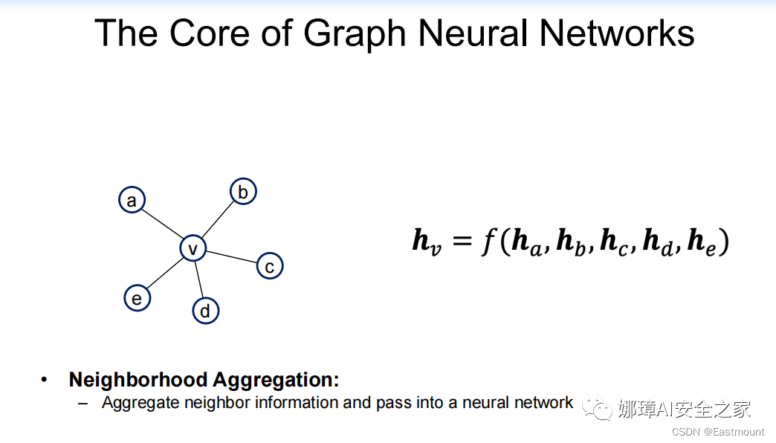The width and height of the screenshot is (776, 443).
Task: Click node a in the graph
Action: [x=132, y=200]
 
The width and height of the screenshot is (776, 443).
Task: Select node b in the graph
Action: [x=242, y=192]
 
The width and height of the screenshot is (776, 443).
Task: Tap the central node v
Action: [x=193, y=248]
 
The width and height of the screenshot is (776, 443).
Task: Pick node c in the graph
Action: [x=270, y=266]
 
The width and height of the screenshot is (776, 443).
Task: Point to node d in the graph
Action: [x=205, y=310]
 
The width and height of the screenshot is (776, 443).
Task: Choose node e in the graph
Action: [x=137, y=298]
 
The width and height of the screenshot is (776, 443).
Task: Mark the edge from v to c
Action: [x=231, y=257]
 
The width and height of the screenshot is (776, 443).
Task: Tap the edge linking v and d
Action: [x=199, y=279]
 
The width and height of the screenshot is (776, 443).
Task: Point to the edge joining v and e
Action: [x=165, y=274]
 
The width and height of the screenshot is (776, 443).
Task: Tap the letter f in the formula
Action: [x=488, y=243]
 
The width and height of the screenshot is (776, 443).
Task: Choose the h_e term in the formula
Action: [x=702, y=243]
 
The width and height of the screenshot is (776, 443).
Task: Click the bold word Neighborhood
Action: [x=138, y=380]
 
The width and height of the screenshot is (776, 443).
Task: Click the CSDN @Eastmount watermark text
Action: [x=718, y=432]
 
